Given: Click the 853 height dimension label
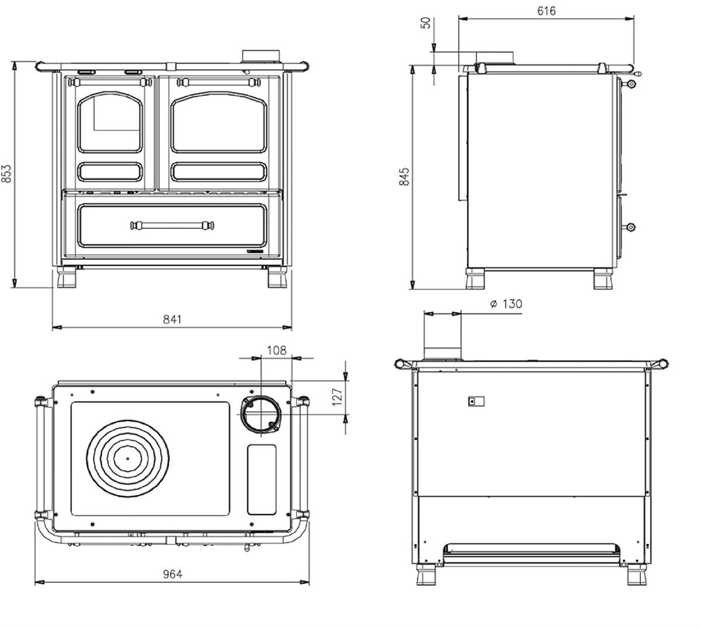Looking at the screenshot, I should (x=6, y=173).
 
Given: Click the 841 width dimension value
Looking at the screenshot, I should (x=172, y=319).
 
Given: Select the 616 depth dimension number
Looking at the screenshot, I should (x=546, y=11).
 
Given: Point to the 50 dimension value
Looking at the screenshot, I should (x=426, y=23).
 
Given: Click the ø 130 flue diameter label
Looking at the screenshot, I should (x=506, y=304).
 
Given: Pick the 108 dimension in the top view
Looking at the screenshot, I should (x=277, y=350).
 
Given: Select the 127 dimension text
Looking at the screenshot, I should (x=337, y=397).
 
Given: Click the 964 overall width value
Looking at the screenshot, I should (x=172, y=574).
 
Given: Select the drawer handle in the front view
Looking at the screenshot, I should (x=172, y=225).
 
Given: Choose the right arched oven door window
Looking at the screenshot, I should (x=219, y=121).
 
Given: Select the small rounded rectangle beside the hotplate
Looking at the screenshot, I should (x=262, y=480).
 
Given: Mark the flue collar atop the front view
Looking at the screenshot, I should (x=262, y=55).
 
